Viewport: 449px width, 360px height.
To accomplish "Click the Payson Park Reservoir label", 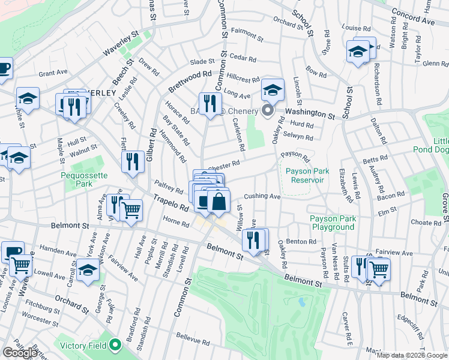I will point(305,175).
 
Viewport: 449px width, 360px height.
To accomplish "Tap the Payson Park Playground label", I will point(332,223).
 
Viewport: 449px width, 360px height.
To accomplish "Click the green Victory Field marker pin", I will point(115,345).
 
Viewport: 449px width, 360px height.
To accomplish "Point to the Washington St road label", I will point(309,113).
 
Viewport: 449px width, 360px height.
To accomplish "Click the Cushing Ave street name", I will point(262,196).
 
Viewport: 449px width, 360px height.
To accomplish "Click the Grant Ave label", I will point(53,73).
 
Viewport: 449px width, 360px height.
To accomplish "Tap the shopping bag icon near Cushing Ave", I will point(219,202).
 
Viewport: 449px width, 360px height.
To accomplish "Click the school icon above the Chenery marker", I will point(273,90).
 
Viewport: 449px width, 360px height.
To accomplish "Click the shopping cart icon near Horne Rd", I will point(131,209).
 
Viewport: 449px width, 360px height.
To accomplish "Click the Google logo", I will point(20,353).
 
